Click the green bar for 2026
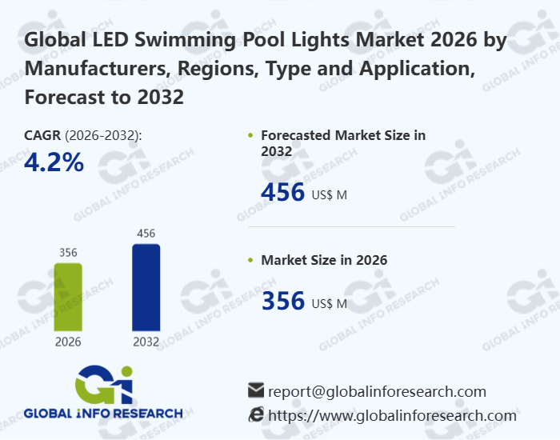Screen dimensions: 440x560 click(x=68, y=296)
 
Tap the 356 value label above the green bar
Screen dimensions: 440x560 click(x=68, y=253)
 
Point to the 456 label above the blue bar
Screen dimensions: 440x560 click(x=146, y=234)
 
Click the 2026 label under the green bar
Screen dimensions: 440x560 click(x=68, y=342)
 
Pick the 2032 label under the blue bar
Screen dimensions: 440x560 click(x=146, y=342)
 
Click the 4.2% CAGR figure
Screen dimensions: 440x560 click(x=54, y=162)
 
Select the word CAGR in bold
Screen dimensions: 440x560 click(x=42, y=135)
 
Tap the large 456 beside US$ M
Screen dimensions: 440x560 click(x=283, y=193)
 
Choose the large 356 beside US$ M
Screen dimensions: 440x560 click(x=283, y=302)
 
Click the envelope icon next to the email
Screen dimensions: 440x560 click(x=256, y=391)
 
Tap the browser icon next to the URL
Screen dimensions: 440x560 click(x=256, y=414)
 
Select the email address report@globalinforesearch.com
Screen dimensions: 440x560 click(x=377, y=391)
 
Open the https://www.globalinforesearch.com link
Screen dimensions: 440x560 click(x=392, y=415)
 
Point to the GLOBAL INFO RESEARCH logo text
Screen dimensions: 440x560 click(x=103, y=414)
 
